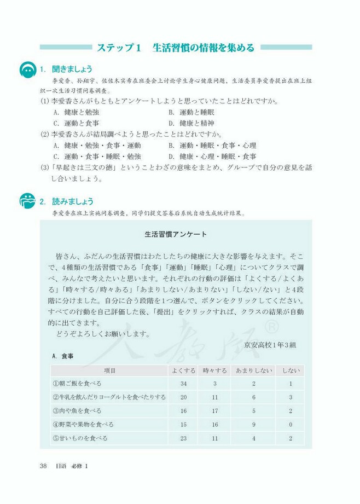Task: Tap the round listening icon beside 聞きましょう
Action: pos(27,69)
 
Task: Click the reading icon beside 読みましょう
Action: pos(27,200)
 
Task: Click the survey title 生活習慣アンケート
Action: pos(176,234)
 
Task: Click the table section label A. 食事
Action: pos(63,356)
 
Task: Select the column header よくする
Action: pos(183,370)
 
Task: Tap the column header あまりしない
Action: pos(253,370)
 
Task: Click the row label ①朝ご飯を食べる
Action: pos(77,384)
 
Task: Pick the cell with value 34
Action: pos(183,384)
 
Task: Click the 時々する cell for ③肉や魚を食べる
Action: pos(215,411)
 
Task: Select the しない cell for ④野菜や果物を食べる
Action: pos(290,425)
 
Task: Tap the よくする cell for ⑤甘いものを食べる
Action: pos(183,438)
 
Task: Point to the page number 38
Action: pos(44,466)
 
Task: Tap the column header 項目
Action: pos(109,370)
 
